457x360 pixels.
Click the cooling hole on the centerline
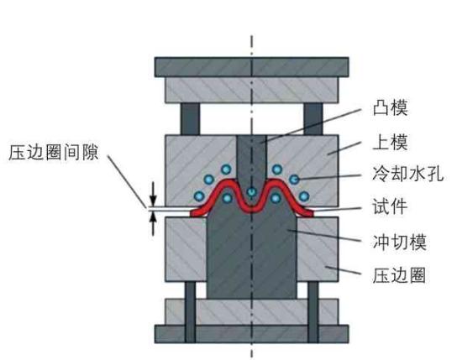251,192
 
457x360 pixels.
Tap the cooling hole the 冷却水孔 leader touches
295,179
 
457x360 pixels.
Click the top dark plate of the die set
251,67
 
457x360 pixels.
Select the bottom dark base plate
251,331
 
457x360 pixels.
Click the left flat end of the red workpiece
199,211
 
